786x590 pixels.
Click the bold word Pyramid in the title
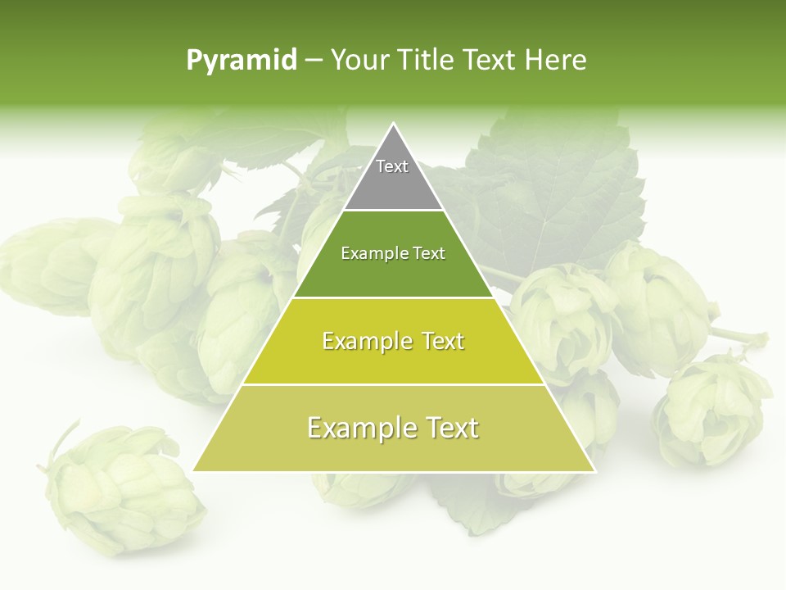coord(242,60)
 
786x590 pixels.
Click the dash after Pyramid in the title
coord(313,61)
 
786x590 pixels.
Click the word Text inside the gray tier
coord(392,166)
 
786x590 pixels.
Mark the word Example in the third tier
coord(361,341)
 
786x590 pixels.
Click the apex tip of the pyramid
coord(394,125)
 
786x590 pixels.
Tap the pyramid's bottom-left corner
coord(194,470)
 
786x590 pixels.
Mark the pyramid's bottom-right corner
coord(594,470)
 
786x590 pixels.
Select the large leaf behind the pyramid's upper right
coord(557,188)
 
